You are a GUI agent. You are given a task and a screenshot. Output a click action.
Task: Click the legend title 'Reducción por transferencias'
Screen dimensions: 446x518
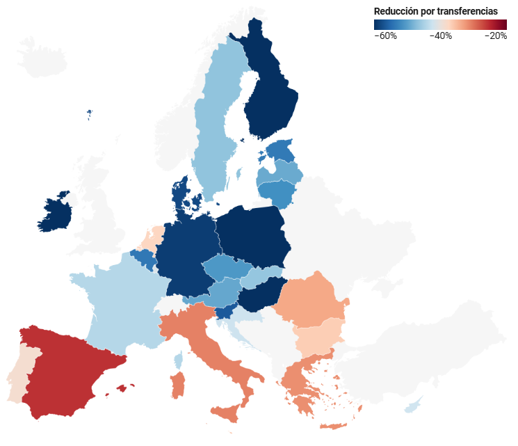pos(435,12)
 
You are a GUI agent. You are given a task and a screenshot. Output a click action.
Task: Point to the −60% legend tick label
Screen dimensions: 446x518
pos(385,36)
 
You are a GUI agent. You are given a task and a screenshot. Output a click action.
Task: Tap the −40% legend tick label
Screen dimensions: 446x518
pos(440,36)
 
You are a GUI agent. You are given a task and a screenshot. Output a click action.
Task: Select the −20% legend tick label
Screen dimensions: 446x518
pos(495,36)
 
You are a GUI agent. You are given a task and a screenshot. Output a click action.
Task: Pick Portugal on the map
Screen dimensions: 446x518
pos(19,376)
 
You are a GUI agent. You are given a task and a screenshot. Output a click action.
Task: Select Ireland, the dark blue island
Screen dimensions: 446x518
pos(56,213)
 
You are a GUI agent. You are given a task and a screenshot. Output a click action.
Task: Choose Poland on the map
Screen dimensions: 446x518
pos(254,237)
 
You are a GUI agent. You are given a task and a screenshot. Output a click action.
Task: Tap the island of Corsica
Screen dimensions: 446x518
pos(178,360)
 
